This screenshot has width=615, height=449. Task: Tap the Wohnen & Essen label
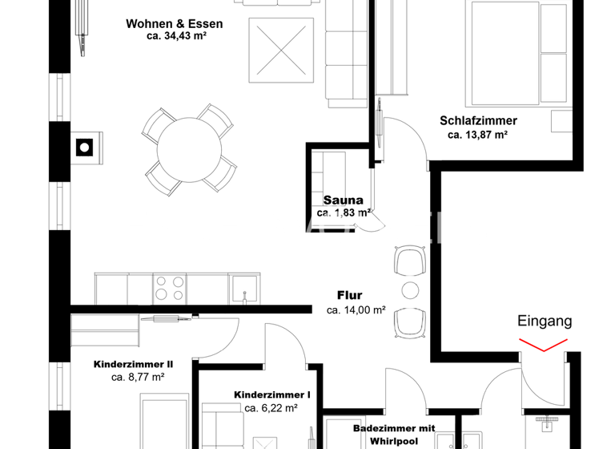tap(174, 24)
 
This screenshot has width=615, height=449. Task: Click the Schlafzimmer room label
tap(478, 121)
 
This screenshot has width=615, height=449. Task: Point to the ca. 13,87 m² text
tap(478, 135)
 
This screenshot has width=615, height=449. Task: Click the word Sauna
tap(344, 200)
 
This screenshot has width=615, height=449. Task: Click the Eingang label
tap(545, 322)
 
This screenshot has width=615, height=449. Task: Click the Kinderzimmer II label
tap(133, 363)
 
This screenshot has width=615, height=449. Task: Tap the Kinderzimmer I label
tap(271, 395)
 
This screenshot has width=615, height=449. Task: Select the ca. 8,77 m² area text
tap(138, 377)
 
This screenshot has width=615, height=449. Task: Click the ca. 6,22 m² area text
tap(271, 408)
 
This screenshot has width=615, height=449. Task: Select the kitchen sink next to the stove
tap(245, 287)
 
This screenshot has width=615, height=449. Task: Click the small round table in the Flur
tap(410, 290)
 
